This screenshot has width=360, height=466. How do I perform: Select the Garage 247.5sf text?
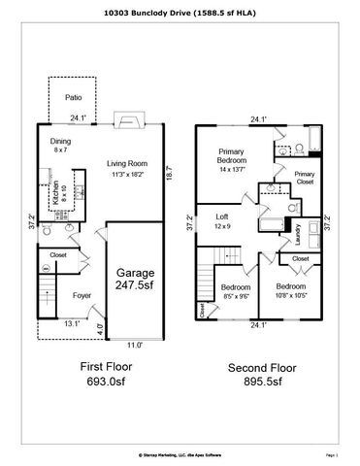(x=136, y=281)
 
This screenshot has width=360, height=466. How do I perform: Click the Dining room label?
(x=60, y=146)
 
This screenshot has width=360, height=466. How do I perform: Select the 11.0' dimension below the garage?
(x=136, y=345)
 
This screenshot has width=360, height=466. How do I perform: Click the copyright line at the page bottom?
(x=180, y=453)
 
